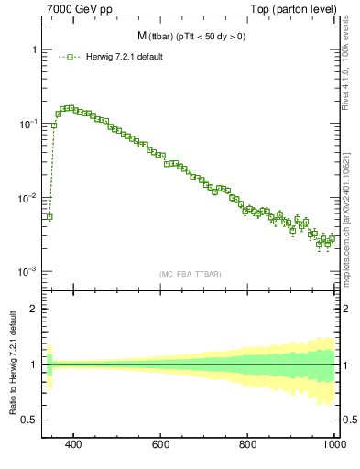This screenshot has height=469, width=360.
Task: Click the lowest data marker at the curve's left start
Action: pyautogui.click(x=49, y=217)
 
